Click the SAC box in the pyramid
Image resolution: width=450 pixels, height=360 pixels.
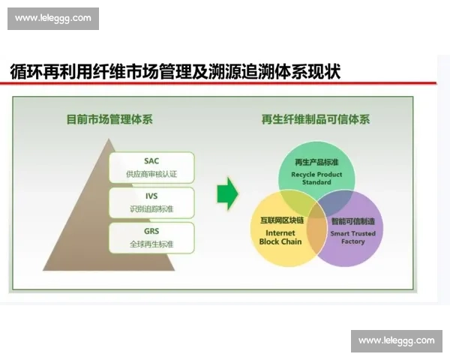(151, 167)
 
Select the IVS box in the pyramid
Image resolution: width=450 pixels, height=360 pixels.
(151, 202)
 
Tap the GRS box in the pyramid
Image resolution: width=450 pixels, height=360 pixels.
(151, 237)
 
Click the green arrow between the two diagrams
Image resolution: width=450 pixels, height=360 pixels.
(227, 195)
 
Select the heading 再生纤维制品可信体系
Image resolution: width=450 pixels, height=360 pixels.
(315, 118)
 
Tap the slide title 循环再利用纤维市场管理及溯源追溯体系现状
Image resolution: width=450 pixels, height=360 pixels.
(175, 72)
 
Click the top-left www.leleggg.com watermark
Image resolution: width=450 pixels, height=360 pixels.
(53, 18)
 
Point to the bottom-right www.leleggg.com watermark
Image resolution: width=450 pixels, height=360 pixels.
(396, 340)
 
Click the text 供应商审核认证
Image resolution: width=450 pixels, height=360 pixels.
(151, 175)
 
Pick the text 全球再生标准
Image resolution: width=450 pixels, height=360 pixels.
(151, 244)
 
